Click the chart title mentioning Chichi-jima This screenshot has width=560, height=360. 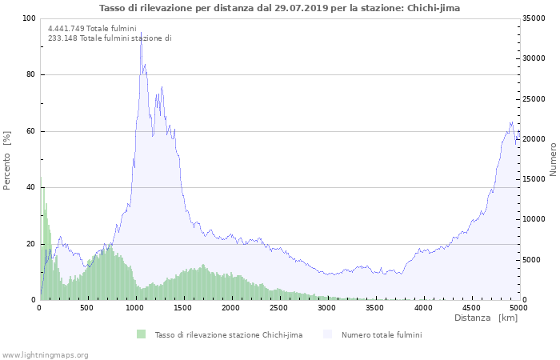point(280,7)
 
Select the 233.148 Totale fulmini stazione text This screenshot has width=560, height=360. point(110,38)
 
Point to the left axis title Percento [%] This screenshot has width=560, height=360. point(7,160)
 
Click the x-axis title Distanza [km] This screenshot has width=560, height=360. point(486,318)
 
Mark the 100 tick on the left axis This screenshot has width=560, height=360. point(29,18)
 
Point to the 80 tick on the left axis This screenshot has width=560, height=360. point(30,75)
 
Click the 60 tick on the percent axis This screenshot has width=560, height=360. point(30,131)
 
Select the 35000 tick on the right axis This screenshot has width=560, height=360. point(534,18)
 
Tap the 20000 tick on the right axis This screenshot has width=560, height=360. point(534,139)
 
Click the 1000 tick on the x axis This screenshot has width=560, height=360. point(135,307)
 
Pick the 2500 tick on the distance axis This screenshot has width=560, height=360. point(279,307)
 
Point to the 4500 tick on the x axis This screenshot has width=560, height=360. point(470,307)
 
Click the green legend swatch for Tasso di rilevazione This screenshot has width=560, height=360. point(142,334)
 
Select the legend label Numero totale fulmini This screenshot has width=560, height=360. point(382,334)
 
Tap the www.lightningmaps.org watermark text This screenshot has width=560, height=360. point(45,354)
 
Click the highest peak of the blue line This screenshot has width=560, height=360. point(141,32)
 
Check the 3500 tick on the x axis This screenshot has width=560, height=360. point(374,307)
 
